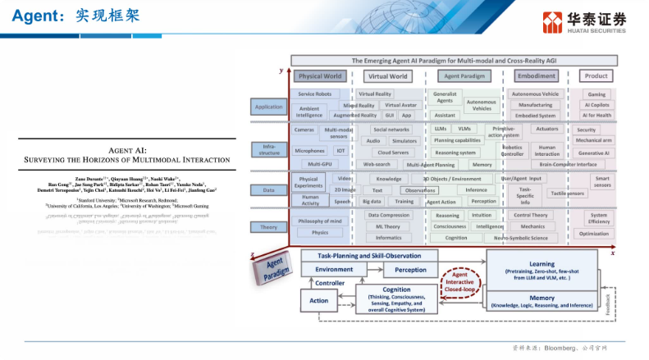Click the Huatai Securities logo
[584, 22]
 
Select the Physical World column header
[321, 76]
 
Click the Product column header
[596, 76]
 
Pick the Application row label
[268, 107]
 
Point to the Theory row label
[268, 227]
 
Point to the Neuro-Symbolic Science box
[514, 238]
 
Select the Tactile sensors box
[568, 194]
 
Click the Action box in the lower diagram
[318, 301]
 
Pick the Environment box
[333, 269]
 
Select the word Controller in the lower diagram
[330, 283]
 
